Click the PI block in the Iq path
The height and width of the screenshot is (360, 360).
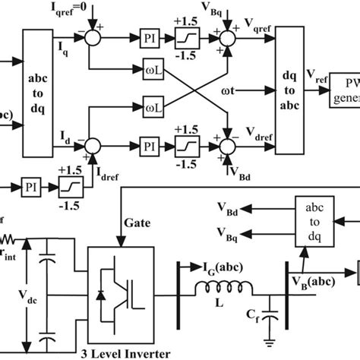coord(150,37)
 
